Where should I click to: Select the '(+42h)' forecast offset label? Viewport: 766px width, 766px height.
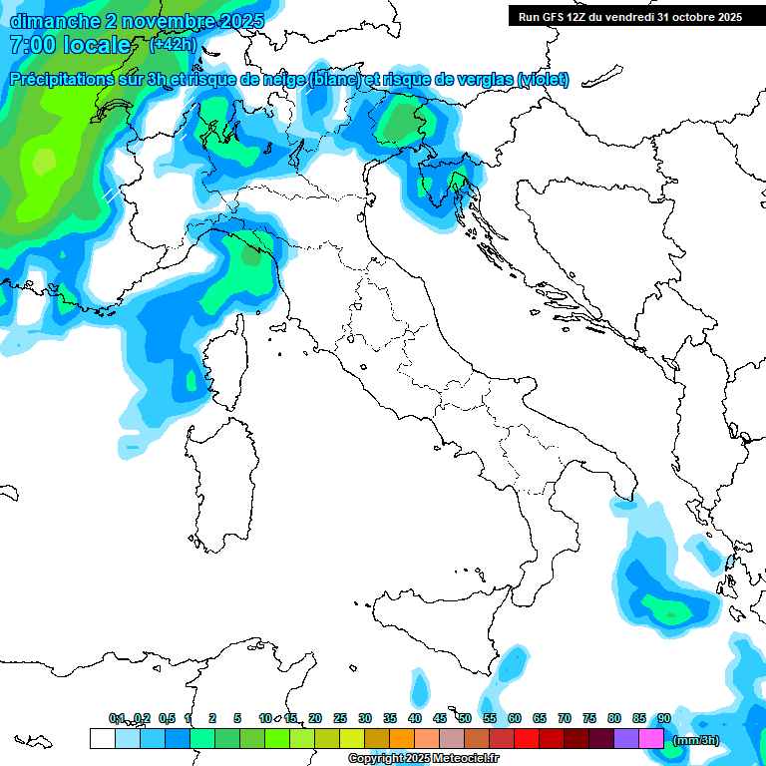point(173,45)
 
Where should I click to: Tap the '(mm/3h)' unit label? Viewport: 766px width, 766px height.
point(695,739)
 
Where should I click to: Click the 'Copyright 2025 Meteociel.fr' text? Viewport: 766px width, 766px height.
point(423,759)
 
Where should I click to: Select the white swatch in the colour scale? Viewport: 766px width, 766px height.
point(102,738)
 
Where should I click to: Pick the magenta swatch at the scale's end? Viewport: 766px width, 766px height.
point(651,738)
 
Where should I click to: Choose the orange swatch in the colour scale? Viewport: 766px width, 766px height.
point(402,738)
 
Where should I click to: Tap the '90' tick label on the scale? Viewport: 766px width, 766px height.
point(664,718)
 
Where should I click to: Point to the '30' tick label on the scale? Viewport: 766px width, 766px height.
point(365,718)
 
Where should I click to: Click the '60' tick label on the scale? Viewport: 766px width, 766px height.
point(515,718)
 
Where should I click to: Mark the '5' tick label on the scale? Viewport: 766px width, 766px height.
point(237,718)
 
